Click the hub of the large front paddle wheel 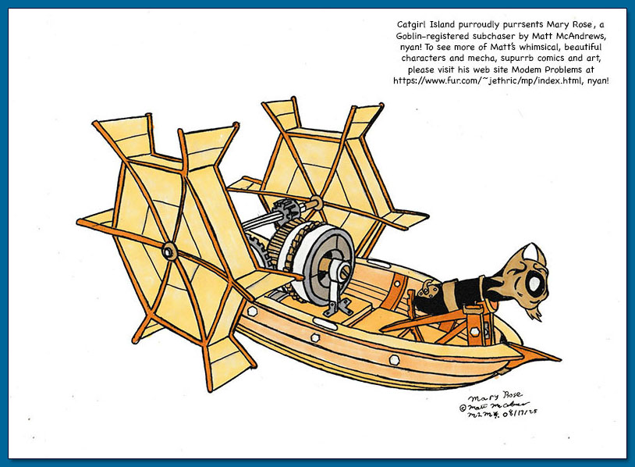pyautogui.click(x=169, y=251)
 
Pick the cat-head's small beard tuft pyautogui.click(x=535, y=314)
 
